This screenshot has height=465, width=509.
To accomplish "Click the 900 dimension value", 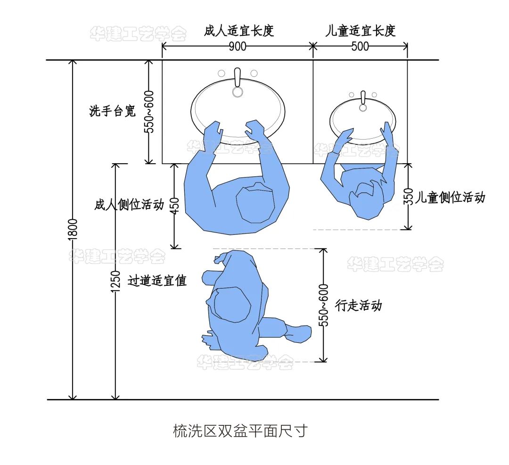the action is pyautogui.click(x=238, y=46).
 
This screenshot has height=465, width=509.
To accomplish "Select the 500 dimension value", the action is pyautogui.click(x=360, y=46).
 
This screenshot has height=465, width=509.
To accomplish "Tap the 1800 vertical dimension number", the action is pyautogui.click(x=73, y=230).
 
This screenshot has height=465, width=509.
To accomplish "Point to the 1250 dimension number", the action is pyautogui.click(x=115, y=281).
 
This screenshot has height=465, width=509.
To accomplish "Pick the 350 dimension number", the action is pyautogui.click(x=409, y=197).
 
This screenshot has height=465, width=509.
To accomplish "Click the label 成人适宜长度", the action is pyautogui.click(x=239, y=31).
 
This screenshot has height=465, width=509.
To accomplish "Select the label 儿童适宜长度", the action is pyautogui.click(x=361, y=31).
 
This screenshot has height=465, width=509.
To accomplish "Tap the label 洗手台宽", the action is pyautogui.click(x=112, y=111).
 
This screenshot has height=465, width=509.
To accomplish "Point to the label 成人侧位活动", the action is pyautogui.click(x=129, y=205).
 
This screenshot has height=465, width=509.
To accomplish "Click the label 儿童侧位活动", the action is pyautogui.click(x=450, y=197).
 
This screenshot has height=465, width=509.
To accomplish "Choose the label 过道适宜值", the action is pyautogui.click(x=157, y=280).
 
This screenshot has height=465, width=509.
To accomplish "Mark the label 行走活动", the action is pyautogui.click(x=358, y=305).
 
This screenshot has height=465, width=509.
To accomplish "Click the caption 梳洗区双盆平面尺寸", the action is pyautogui.click(x=240, y=431).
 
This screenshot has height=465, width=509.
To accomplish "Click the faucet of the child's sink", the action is pyautogui.click(x=363, y=101).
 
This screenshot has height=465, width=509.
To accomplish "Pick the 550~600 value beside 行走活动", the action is pyautogui.click(x=324, y=305).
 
